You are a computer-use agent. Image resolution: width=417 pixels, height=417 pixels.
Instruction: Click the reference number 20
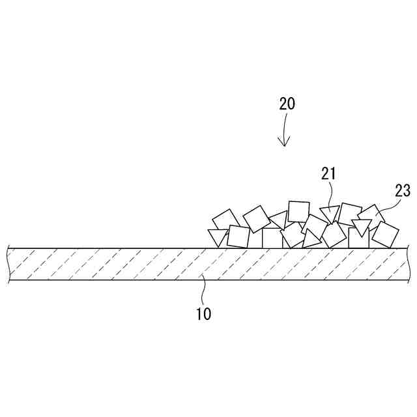(x=287, y=104)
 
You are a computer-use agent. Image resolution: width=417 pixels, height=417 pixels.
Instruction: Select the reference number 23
(x=402, y=190)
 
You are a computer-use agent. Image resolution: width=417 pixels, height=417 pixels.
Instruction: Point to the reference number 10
(x=203, y=313)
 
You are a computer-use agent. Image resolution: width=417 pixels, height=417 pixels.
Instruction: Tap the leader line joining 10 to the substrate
(x=203, y=290)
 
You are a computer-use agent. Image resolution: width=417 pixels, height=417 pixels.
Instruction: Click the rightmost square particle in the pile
(x=385, y=235)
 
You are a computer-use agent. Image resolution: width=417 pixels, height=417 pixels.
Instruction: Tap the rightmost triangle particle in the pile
(x=361, y=227)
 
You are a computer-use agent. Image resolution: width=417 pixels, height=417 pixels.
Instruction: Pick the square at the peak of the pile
(x=298, y=212)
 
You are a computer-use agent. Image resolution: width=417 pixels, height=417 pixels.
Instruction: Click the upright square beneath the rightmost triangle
(x=358, y=238)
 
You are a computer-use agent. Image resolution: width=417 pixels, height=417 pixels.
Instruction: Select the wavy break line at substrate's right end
(x=410, y=264)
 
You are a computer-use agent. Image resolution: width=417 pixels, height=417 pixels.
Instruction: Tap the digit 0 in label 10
(x=207, y=313)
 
